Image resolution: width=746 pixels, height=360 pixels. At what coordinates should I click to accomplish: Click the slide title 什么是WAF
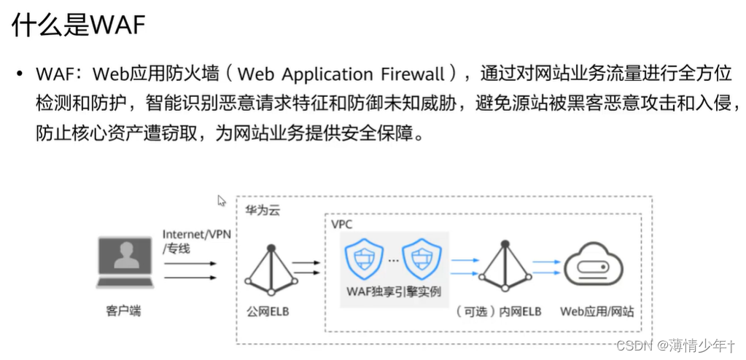(78, 26)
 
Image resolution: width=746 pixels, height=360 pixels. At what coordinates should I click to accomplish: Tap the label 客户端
(123, 311)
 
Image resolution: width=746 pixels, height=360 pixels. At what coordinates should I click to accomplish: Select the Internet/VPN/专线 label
(191, 240)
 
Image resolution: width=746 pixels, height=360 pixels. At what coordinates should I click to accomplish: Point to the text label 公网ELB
(266, 311)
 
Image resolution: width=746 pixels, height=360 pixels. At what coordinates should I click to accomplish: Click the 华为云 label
(262, 211)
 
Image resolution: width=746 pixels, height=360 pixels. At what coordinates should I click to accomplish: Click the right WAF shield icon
(421, 256)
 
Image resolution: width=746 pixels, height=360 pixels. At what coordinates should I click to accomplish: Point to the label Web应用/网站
(597, 311)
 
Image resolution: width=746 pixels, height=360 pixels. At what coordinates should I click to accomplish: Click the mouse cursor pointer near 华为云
(222, 200)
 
